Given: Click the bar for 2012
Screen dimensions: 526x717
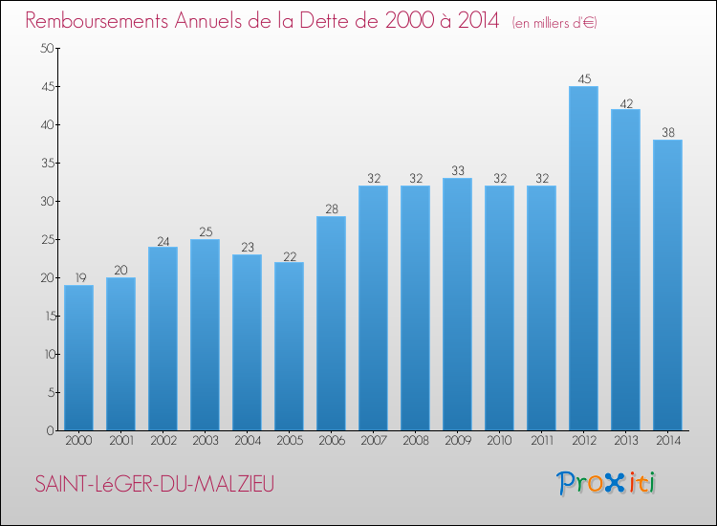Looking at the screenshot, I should coord(583,258).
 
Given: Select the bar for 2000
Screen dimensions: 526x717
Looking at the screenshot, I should coord(78,358).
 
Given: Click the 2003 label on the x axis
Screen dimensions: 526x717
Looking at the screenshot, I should coord(205,440).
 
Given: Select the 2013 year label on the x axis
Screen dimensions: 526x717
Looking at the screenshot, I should coord(625,440).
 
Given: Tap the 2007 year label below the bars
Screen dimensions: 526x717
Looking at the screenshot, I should coord(373,440).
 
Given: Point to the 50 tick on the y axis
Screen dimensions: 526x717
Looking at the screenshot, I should coord(46,49).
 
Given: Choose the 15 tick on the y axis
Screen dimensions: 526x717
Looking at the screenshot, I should coord(46,316).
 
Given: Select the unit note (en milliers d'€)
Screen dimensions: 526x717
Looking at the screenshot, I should coord(554,22).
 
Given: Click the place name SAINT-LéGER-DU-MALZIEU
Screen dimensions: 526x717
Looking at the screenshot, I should coord(154,485).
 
